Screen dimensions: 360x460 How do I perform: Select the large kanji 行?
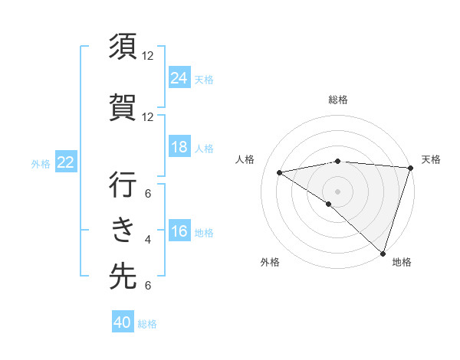[123, 185]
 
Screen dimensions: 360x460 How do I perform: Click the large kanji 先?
[123, 277]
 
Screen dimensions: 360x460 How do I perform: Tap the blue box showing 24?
[179, 77]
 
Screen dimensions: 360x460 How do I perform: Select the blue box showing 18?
[179, 147]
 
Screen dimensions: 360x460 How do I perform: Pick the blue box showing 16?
[179, 232]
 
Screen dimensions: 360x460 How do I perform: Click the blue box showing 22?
[66, 162]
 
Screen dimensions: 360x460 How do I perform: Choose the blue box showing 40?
[123, 322]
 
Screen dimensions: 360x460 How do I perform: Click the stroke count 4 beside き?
[148, 240]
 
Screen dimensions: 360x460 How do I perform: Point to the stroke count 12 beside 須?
[148, 56]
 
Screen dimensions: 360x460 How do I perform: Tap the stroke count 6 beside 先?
[148, 286]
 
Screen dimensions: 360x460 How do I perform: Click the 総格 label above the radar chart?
[337, 100]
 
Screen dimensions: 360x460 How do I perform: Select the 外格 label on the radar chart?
[270, 262]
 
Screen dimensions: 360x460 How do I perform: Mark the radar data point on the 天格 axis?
[410, 169]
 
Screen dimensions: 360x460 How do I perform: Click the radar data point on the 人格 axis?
[280, 172]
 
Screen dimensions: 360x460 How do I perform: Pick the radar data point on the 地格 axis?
[383, 253]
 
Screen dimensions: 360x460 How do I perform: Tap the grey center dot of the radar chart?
[337, 190]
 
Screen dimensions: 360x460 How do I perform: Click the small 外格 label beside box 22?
[41, 163]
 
